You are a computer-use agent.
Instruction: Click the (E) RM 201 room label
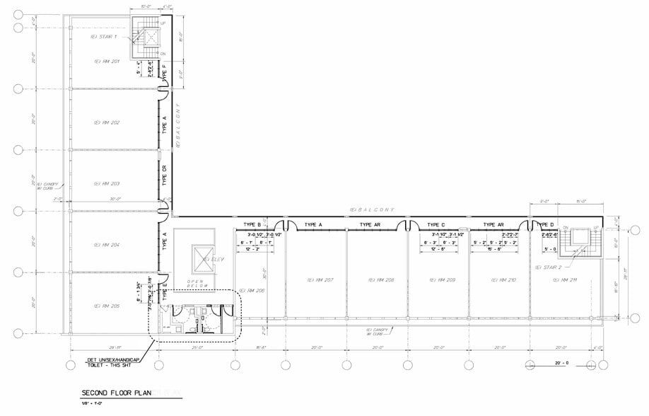click(107, 62)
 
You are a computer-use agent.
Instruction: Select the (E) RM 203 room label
click(107, 183)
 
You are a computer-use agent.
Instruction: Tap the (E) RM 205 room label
click(107, 306)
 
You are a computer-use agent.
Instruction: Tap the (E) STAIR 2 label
click(548, 267)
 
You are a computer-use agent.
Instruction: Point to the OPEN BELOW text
click(195, 284)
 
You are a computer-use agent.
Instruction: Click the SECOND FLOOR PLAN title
click(116, 393)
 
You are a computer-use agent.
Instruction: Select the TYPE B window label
click(252, 225)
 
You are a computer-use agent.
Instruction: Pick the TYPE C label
click(437, 225)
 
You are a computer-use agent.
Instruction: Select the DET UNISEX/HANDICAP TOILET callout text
click(117, 362)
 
